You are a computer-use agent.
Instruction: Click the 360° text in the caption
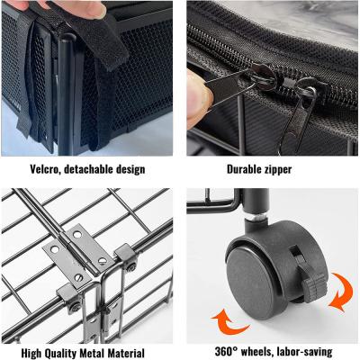tap(227, 351)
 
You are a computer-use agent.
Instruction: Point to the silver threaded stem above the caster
tap(256, 217)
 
